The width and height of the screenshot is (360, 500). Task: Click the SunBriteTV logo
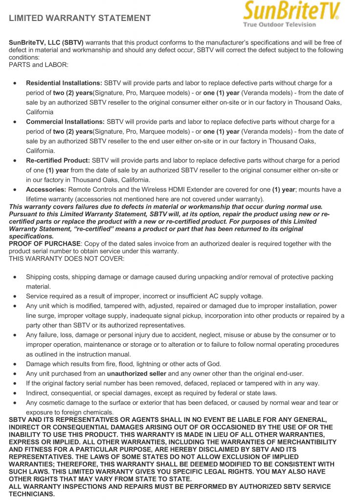click(292, 11)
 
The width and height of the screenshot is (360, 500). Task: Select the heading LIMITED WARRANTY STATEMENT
click(80, 18)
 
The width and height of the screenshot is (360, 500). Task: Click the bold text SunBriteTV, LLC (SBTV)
click(46, 42)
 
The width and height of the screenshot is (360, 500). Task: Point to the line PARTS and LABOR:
click(39, 64)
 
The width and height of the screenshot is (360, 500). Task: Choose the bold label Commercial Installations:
click(65, 122)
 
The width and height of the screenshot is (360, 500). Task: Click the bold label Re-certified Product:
click(58, 160)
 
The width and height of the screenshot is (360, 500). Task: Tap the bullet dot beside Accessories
click(16, 189)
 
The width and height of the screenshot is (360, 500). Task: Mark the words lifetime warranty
click(50, 199)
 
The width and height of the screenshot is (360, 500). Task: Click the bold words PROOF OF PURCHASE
click(45, 243)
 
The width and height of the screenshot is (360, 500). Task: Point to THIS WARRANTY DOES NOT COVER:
click(67, 258)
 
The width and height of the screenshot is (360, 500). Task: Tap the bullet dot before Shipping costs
click(16, 277)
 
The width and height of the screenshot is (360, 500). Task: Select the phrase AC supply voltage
click(231, 296)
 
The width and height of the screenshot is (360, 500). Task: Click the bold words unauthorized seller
click(136, 374)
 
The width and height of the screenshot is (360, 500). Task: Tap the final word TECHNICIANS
click(32, 494)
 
